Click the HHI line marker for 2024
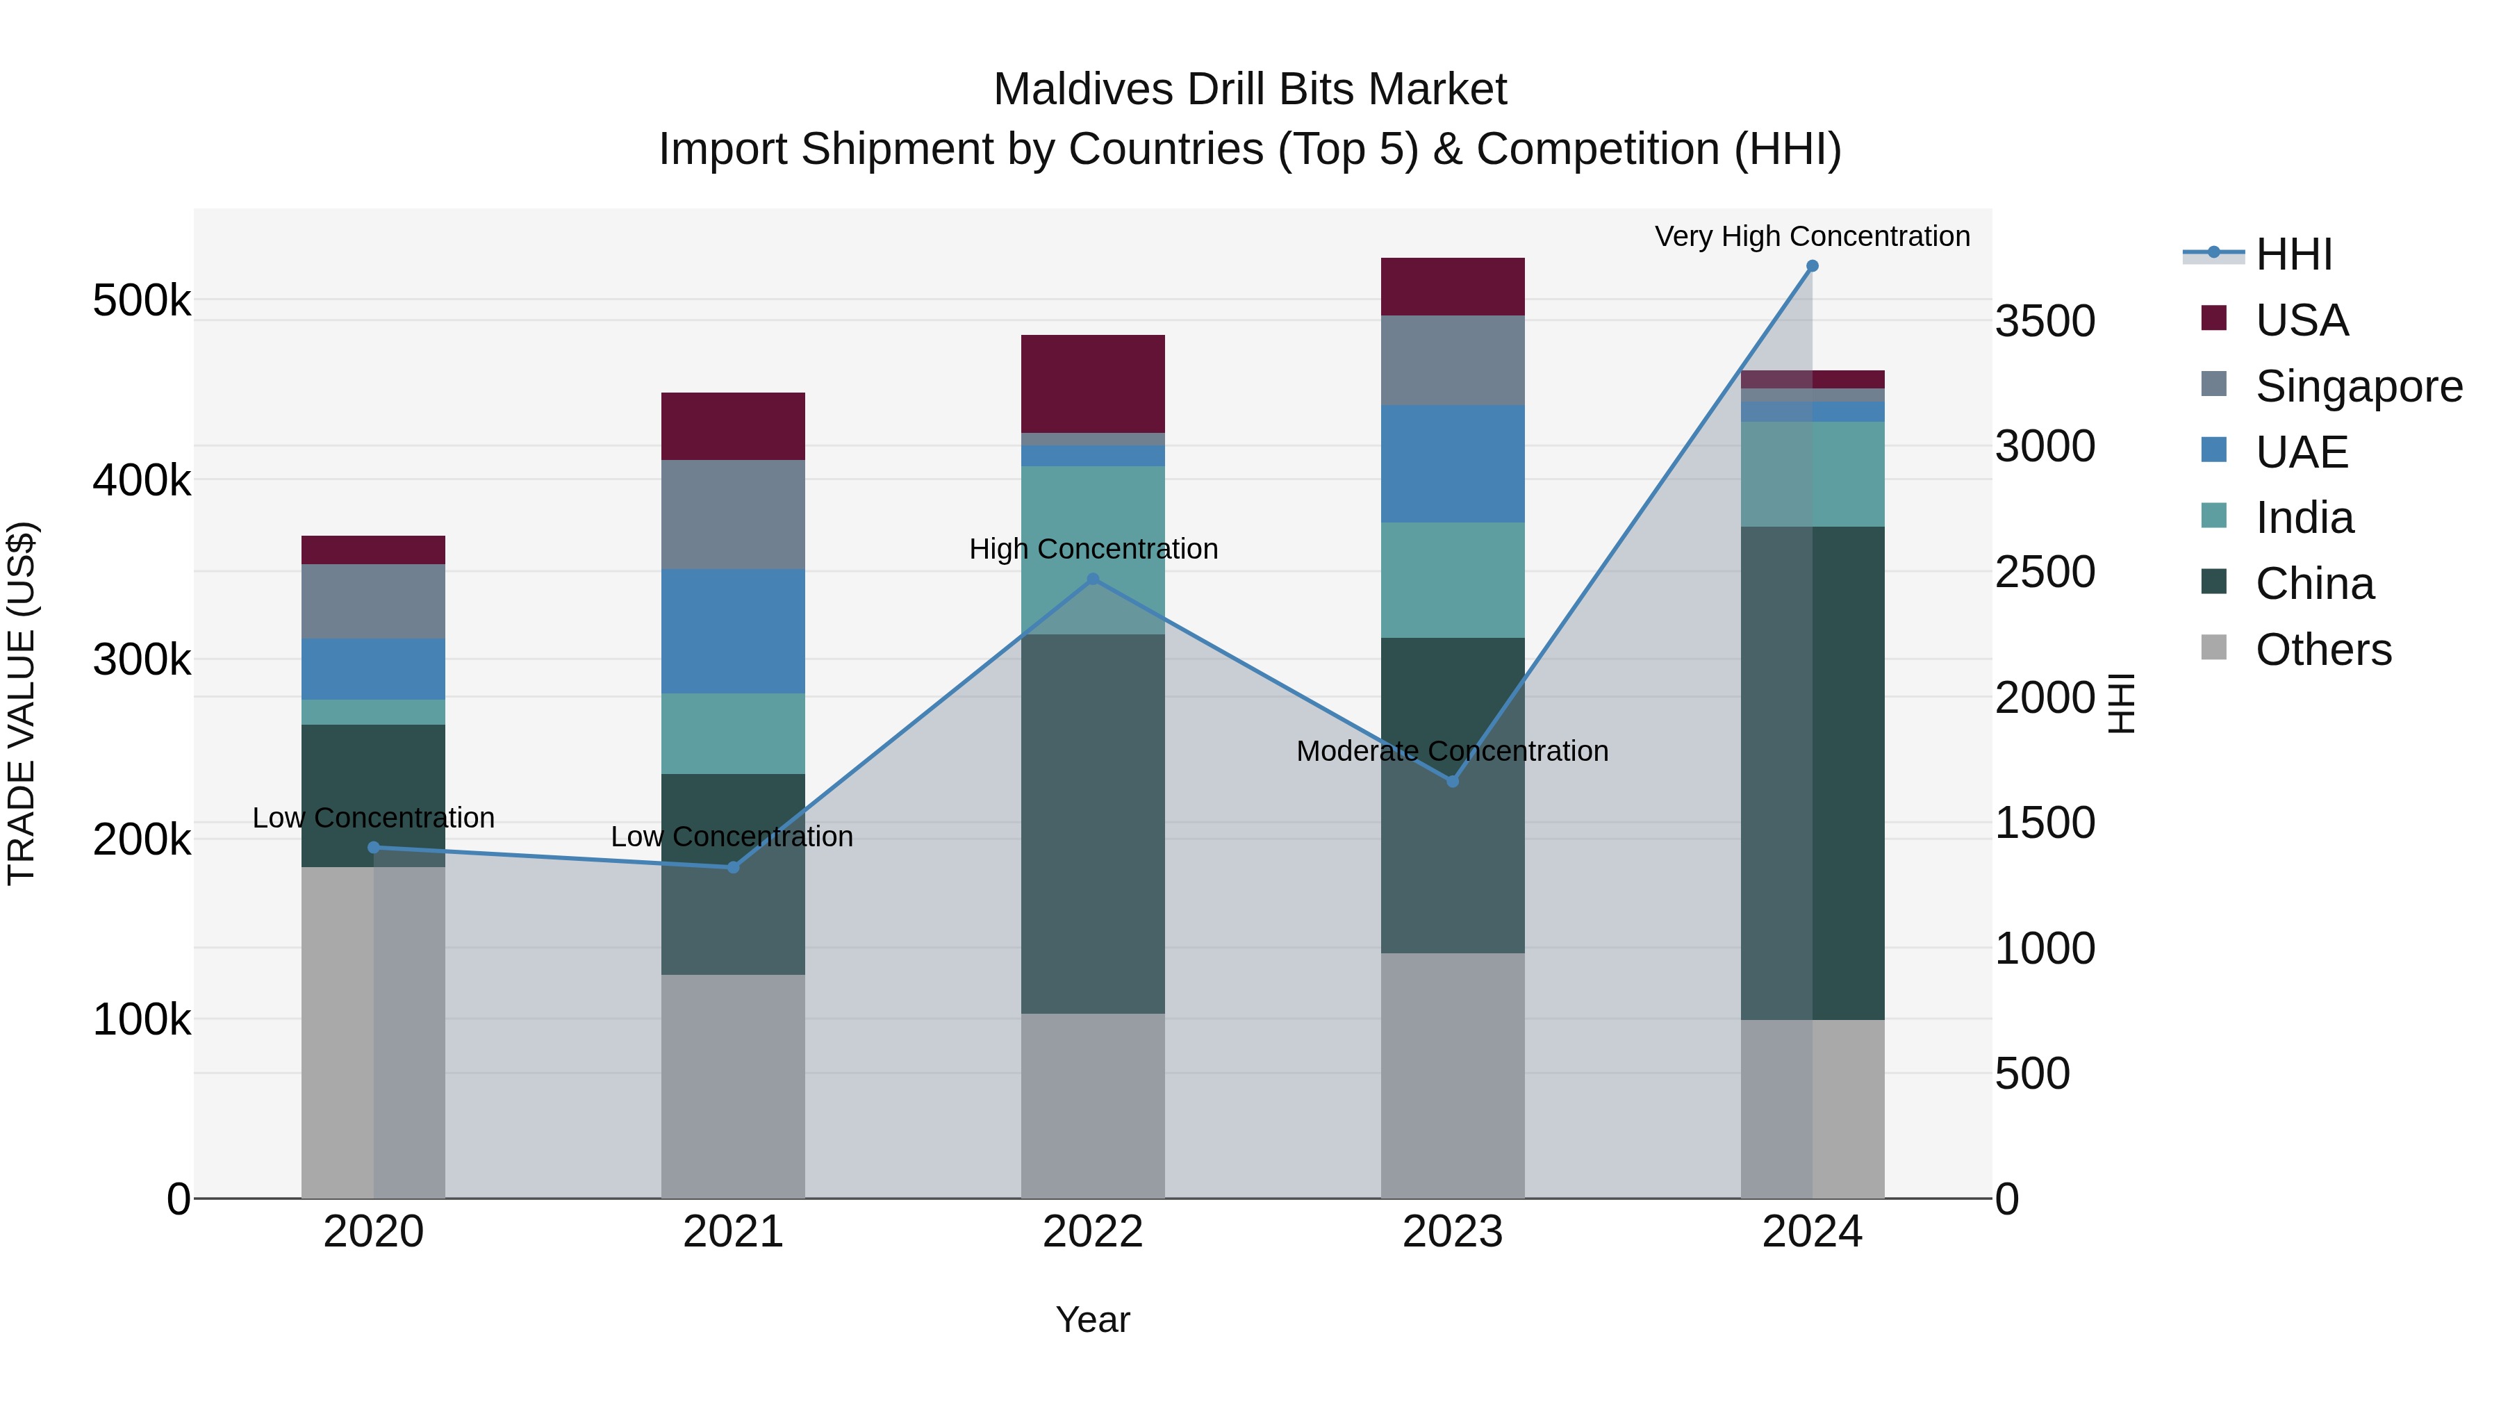click(x=1812, y=266)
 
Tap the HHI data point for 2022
click(x=1092, y=579)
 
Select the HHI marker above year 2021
click(x=733, y=867)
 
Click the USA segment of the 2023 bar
click(x=1453, y=286)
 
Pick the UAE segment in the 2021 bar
click(x=733, y=631)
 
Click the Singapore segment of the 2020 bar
click(x=373, y=601)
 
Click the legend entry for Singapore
click(x=2359, y=386)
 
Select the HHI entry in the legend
click(x=2293, y=254)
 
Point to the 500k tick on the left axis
click(x=142, y=301)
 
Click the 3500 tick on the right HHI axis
click(x=2045, y=322)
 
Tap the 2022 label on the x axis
click(x=1092, y=1232)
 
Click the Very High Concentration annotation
click(x=1812, y=236)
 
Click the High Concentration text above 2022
click(x=1092, y=549)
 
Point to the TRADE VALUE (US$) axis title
click(x=22, y=703)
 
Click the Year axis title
click(x=1092, y=1319)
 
